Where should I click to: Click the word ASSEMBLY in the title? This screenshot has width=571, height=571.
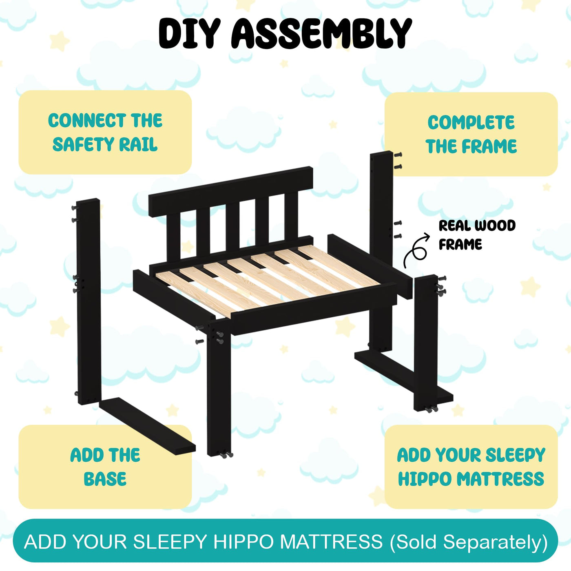(x=321, y=33)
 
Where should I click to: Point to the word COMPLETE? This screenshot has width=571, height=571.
(x=471, y=122)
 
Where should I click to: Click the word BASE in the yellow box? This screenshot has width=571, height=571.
(x=105, y=479)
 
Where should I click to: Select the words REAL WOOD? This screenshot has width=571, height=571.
(x=477, y=226)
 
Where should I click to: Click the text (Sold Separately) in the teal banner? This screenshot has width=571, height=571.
(x=468, y=542)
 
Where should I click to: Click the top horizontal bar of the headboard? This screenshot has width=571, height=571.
(x=230, y=191)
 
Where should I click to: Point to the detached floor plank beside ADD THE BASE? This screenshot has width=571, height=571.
(x=147, y=426)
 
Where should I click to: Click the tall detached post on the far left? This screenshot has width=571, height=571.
(x=89, y=301)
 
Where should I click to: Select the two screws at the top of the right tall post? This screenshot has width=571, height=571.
(x=398, y=161)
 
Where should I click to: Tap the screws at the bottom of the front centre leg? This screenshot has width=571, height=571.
(x=226, y=454)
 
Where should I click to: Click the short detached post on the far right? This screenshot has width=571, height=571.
(x=426, y=343)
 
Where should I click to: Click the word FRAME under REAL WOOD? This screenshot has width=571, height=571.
(x=460, y=244)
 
